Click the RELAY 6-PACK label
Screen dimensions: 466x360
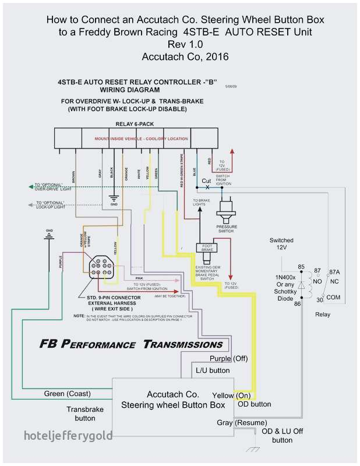pos(135,124)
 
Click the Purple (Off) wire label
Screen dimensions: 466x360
pos(229,358)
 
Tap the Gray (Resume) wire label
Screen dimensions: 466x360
pos(242,422)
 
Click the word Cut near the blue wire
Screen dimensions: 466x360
pos(206,181)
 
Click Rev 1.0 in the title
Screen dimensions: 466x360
pos(185,45)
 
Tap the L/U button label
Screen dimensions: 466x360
pos(212,370)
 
